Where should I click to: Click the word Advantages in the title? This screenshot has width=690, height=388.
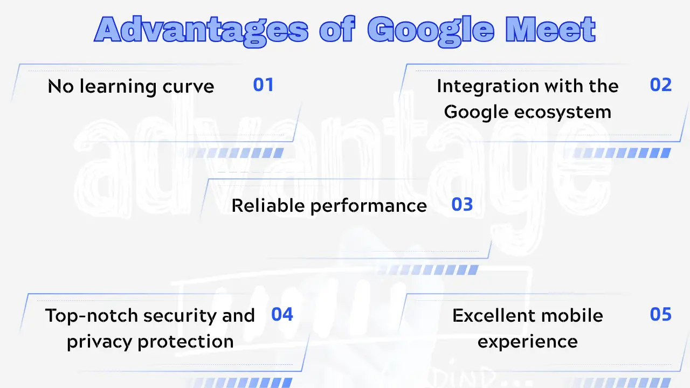(201, 30)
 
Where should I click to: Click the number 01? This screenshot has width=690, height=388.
(264, 85)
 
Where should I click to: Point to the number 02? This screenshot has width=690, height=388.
(661, 85)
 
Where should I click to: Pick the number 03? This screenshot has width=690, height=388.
(462, 205)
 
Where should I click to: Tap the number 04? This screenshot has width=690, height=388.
(282, 314)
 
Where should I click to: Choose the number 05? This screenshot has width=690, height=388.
(661, 314)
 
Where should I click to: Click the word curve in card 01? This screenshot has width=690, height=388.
(186, 87)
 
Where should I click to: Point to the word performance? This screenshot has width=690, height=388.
(368, 206)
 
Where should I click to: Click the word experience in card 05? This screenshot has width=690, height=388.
(527, 342)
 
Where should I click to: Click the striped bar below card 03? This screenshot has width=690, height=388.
(431, 269)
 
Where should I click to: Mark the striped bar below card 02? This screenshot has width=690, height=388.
(620, 153)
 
